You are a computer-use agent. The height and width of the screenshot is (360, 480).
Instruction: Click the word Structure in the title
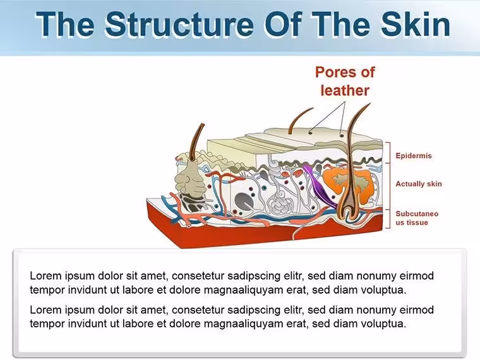point(179,24)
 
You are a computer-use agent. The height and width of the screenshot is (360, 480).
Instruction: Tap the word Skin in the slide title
point(415,24)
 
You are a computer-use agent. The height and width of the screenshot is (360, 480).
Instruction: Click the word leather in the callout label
point(345,90)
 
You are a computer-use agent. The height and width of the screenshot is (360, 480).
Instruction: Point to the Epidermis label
point(414,155)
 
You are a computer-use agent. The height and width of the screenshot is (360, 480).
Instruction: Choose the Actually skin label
point(419,184)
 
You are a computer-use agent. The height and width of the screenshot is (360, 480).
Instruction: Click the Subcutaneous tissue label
point(417,218)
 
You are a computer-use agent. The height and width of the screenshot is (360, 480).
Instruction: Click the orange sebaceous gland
point(349,184)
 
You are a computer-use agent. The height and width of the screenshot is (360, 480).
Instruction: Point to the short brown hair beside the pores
point(299,120)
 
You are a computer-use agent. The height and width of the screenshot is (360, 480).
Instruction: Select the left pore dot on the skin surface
point(310,133)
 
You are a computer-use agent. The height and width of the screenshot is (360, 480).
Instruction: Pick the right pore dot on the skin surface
point(342,135)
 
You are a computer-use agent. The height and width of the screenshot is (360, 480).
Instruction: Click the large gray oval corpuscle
point(244,201)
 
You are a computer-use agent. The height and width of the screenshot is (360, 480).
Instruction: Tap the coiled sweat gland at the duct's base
point(279,202)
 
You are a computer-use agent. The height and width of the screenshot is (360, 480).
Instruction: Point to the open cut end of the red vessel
point(189,226)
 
